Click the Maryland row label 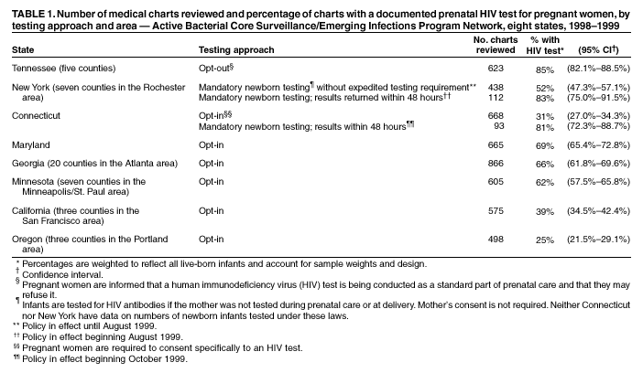[x=31, y=145]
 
